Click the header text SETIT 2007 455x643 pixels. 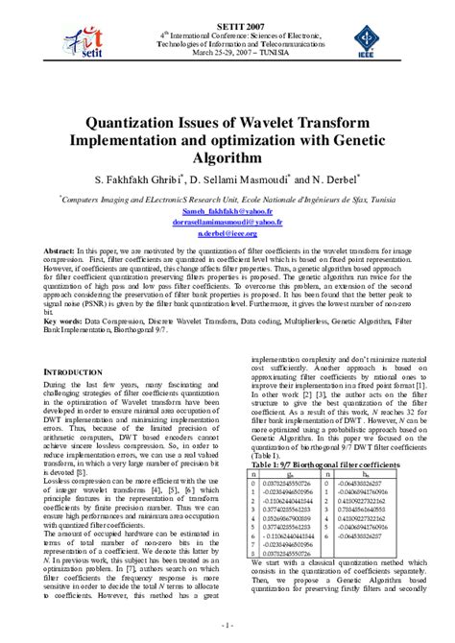pos(227,9)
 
